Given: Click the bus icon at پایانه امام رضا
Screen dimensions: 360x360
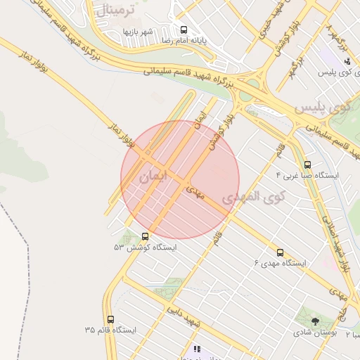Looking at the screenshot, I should [x=184, y=30].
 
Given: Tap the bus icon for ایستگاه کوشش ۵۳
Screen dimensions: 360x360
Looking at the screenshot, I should [x=146, y=236].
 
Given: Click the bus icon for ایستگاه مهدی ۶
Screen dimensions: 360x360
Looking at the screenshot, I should [x=281, y=252].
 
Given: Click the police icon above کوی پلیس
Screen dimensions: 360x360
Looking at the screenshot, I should [x=347, y=61].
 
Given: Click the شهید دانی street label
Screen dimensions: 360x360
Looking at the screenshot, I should [x=184, y=316].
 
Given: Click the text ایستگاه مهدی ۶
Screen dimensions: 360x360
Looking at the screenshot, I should [x=281, y=263].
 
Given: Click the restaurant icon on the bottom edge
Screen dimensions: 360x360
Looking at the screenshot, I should [x=197, y=349].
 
